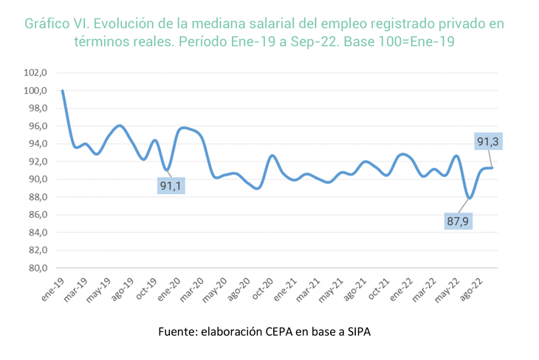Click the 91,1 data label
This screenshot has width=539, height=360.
171,185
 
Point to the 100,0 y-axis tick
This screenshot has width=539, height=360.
36,91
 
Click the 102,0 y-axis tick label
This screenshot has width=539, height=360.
36,73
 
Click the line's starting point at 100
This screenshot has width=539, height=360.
63,91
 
